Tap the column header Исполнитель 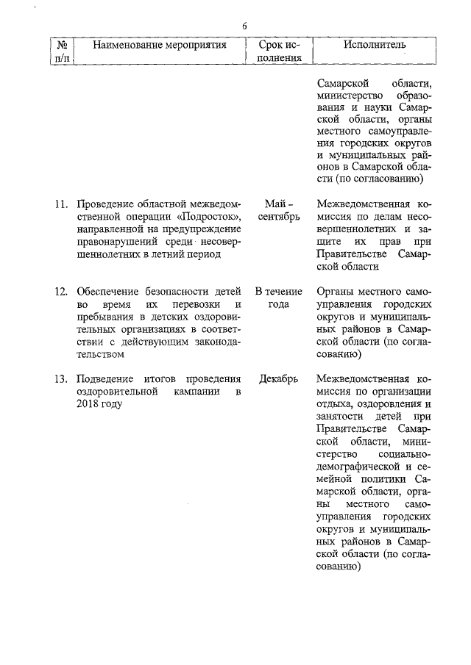pos(374,46)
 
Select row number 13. pos(61,379)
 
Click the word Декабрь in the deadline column pos(279,379)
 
